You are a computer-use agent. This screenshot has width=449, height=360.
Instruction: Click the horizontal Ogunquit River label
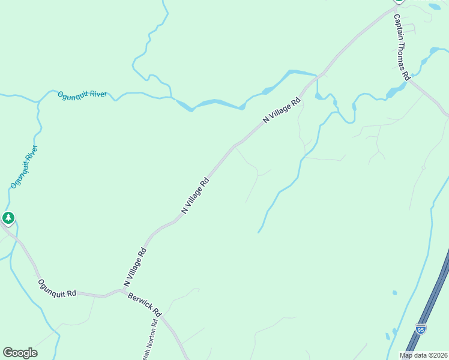[82, 95]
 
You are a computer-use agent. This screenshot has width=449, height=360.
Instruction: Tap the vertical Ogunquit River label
[24, 167]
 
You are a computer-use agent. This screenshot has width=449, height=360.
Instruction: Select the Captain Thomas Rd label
[402, 47]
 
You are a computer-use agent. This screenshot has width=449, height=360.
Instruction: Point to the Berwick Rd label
[145, 305]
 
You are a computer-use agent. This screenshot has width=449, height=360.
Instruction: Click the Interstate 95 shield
[421, 329]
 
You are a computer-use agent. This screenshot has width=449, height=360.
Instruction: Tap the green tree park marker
[8, 218]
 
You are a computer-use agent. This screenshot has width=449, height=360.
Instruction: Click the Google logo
[20, 352]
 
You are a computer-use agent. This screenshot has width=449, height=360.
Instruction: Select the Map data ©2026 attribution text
[424, 355]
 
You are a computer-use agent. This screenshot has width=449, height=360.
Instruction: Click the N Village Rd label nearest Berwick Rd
[135, 266]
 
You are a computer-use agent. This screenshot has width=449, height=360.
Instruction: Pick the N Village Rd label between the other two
[195, 196]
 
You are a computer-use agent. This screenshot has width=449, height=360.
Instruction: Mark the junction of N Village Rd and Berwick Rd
[124, 292]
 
